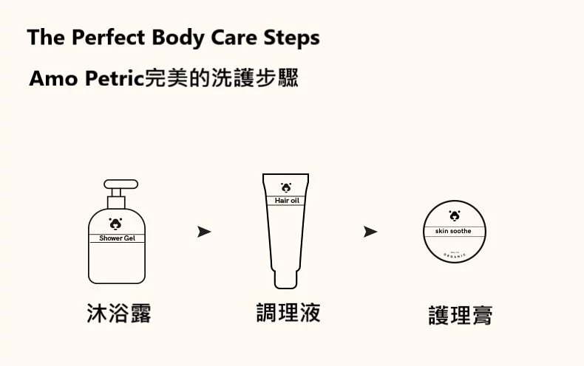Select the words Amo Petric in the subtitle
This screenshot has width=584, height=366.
click(x=85, y=78)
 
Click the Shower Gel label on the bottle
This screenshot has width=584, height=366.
click(x=117, y=238)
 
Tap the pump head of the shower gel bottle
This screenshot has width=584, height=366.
click(x=120, y=184)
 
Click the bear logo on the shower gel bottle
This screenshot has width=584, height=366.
click(x=116, y=223)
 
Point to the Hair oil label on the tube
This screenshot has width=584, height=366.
click(x=285, y=201)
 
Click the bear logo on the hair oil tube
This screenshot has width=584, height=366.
click(x=285, y=187)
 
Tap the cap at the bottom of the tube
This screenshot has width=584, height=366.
click(x=285, y=280)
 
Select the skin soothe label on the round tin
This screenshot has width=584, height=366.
click(x=453, y=232)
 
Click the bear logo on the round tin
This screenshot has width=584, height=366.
click(x=453, y=216)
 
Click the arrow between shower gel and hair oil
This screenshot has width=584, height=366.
click(x=204, y=232)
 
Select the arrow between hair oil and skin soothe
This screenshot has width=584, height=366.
click(x=370, y=232)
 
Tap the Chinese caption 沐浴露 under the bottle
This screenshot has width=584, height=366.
click(x=119, y=313)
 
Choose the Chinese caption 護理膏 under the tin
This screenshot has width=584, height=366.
click(x=460, y=316)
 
